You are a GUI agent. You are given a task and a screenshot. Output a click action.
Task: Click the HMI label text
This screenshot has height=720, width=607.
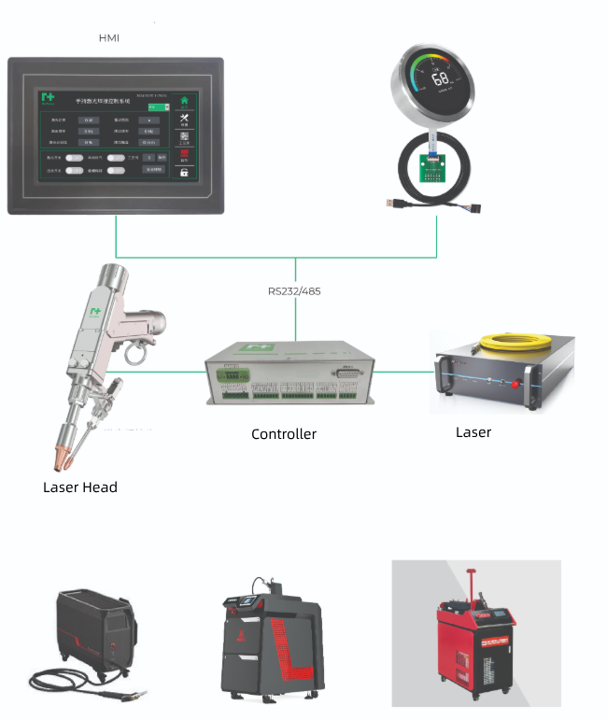(109, 38)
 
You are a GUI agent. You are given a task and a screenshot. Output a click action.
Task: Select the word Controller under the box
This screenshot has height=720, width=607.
(284, 433)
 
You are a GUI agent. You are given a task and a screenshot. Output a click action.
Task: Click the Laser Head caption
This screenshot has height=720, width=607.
(80, 487)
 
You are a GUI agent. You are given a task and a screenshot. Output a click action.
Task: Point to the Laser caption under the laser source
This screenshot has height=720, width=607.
(473, 431)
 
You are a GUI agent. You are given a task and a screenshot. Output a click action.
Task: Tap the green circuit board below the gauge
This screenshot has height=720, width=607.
(435, 172)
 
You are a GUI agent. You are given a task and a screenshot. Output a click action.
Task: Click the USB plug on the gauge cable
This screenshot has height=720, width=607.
(392, 202)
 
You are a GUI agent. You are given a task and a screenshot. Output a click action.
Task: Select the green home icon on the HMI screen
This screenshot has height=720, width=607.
(184, 100)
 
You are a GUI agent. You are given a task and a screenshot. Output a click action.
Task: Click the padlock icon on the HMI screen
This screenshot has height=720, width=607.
(184, 172)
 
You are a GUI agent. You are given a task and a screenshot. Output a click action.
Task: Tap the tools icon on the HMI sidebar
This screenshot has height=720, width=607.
(184, 119)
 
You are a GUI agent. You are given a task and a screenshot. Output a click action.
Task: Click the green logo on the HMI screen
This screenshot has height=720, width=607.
(48, 97)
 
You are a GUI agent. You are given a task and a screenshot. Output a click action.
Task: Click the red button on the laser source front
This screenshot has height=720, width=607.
(510, 381)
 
